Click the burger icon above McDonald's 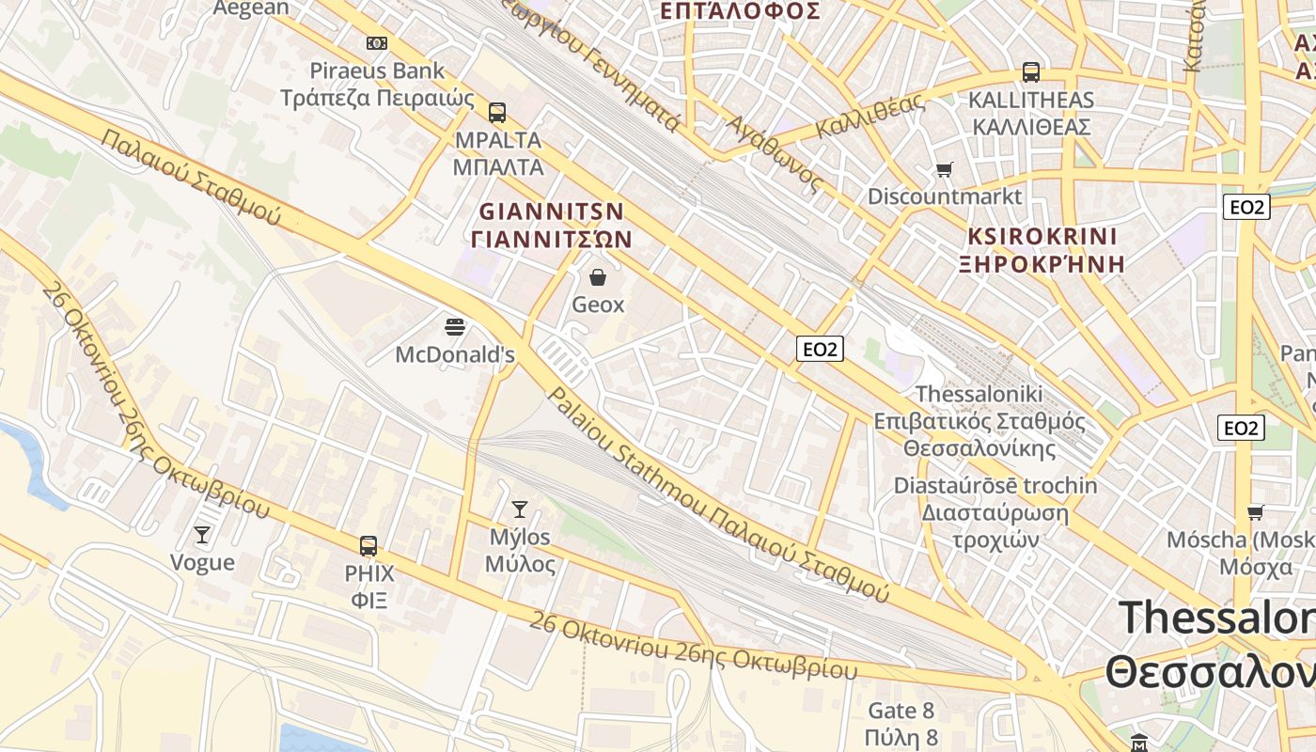455,327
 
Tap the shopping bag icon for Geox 597,277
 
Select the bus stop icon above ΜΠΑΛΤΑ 497,113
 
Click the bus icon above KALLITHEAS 1031,72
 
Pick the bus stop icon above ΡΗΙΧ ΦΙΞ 368,545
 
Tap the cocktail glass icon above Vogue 202,535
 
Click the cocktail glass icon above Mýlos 519,509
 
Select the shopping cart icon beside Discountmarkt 944,170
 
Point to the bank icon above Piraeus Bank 377,43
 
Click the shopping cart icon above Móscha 1256,512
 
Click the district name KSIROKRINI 1042,236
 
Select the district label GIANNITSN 552,211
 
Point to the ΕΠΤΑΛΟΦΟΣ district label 740,11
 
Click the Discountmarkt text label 944,196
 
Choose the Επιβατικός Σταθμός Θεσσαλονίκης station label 979,434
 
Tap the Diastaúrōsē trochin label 995,486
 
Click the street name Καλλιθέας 869,118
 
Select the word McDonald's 455,355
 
